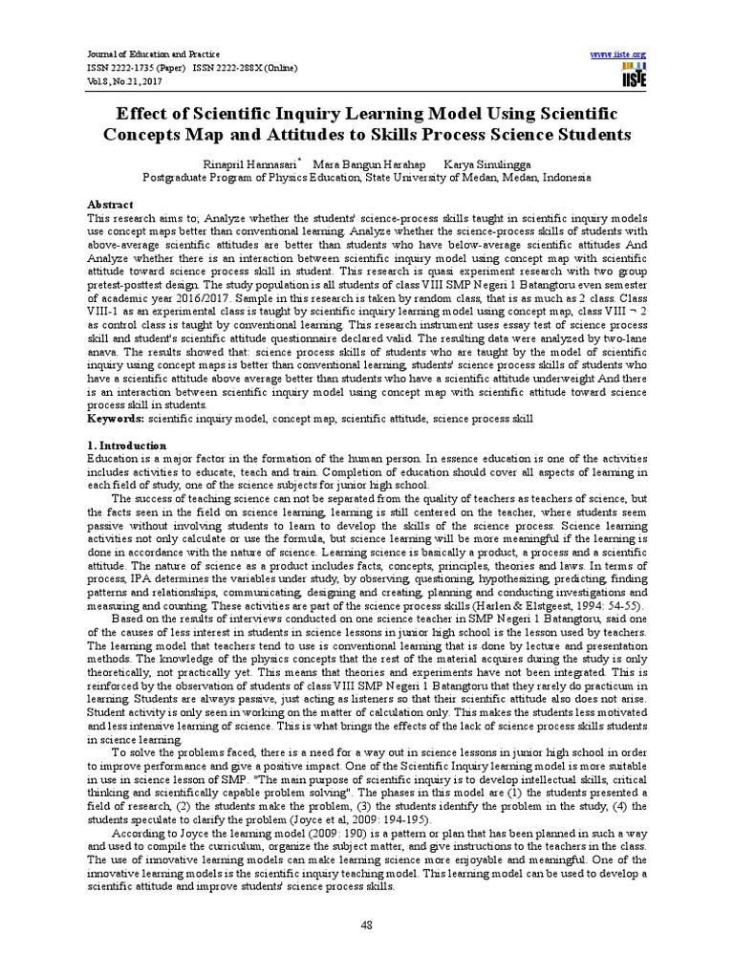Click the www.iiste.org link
pyautogui.click(x=619, y=54)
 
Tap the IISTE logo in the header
pyautogui.click(x=634, y=76)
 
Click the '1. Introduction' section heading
pyautogui.click(x=127, y=446)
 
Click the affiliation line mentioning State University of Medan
pyautogui.click(x=366, y=178)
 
